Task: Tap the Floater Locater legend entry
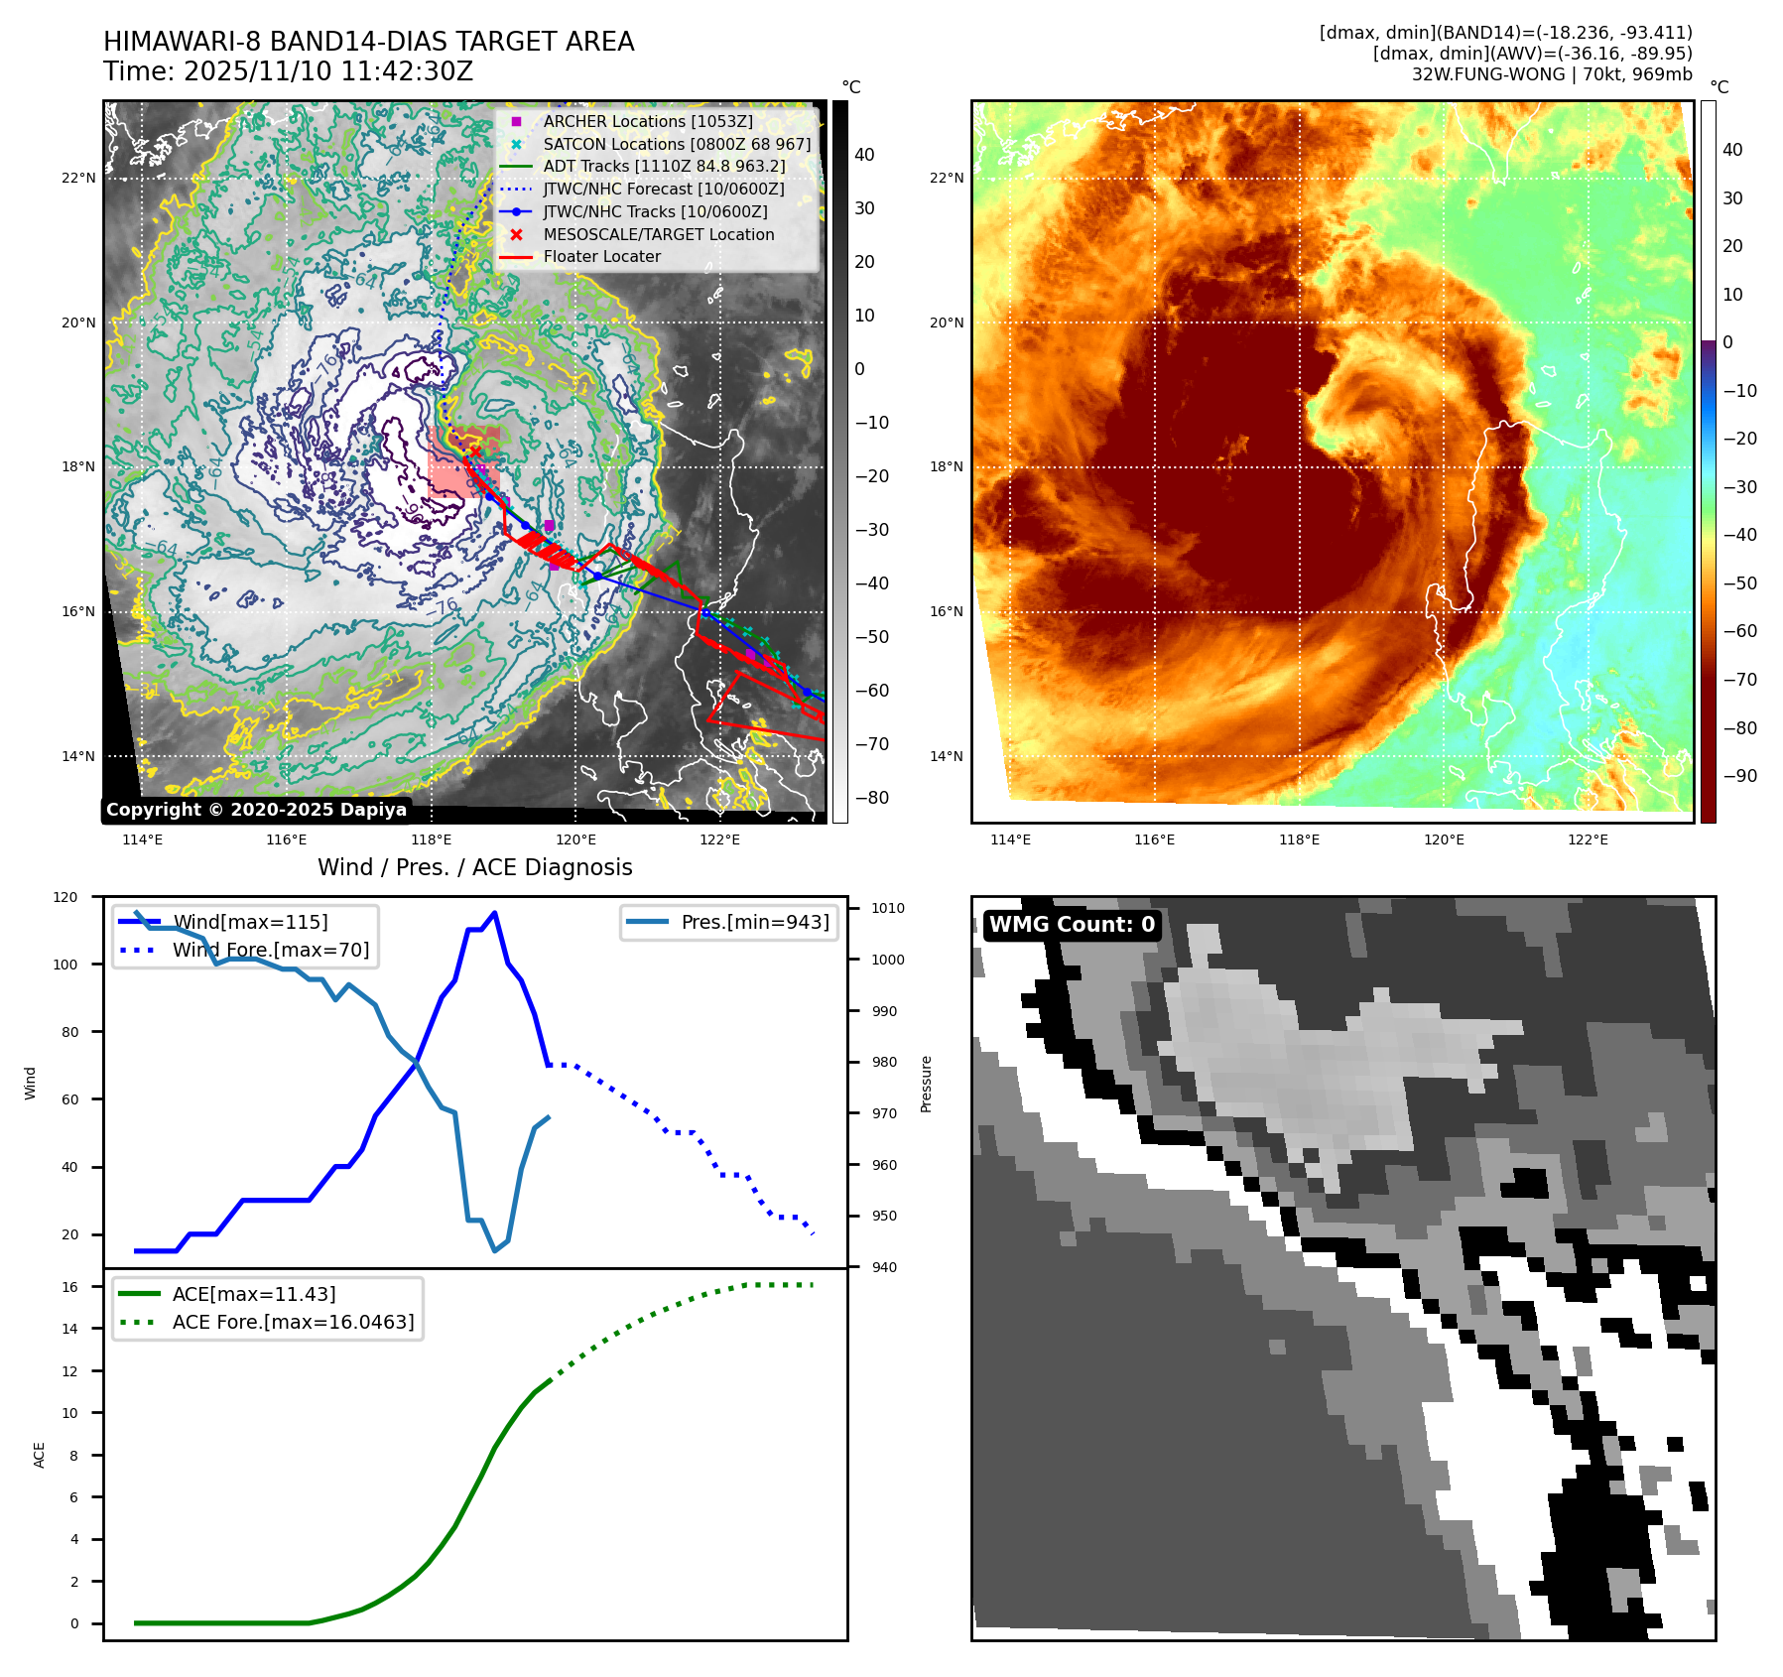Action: point(601,256)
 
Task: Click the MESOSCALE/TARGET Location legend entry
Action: point(658,234)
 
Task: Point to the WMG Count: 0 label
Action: point(1072,925)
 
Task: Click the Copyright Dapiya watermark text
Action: point(256,810)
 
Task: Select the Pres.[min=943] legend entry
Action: point(754,922)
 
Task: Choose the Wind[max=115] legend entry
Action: point(250,922)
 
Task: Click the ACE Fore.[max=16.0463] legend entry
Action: point(293,1322)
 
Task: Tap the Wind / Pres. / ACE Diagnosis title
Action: point(474,867)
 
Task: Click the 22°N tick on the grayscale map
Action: point(79,179)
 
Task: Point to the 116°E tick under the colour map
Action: point(1154,839)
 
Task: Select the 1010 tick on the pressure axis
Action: point(888,908)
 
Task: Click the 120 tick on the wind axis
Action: point(65,897)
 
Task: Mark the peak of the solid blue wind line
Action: point(494,913)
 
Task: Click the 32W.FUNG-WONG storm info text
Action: point(1551,74)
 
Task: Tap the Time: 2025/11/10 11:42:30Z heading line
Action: point(288,71)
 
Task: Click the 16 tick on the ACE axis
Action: point(70,1287)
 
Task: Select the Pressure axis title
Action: point(926,1084)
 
